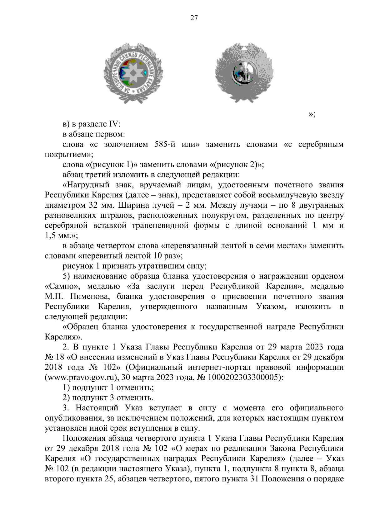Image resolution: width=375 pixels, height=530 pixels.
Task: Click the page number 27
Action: point(194,18)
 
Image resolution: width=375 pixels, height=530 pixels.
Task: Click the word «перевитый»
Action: point(100,256)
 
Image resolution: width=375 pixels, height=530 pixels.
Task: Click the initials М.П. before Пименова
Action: point(54,296)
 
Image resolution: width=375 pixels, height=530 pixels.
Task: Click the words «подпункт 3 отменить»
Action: point(112,398)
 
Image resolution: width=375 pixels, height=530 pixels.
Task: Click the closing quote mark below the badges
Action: point(312,114)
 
